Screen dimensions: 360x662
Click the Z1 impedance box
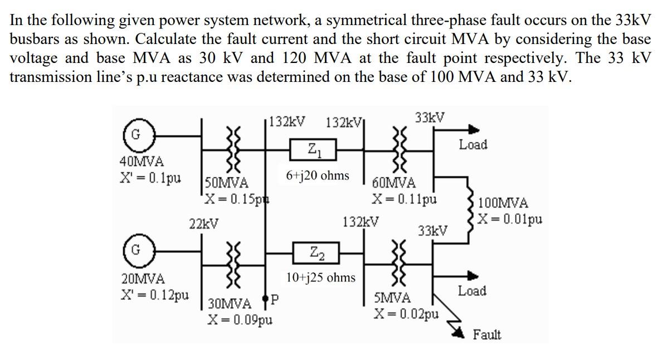tap(314, 149)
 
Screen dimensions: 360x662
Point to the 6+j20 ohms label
tap(318, 176)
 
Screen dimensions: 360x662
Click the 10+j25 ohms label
tap(320, 277)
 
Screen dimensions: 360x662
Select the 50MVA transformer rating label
tap(227, 182)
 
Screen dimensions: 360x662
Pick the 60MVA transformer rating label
tap(394, 183)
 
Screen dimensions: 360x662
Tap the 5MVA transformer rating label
tap(392, 298)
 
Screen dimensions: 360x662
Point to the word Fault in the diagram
tap(486, 335)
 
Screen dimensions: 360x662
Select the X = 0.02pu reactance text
tap(406, 314)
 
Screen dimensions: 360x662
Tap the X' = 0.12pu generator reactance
tap(154, 294)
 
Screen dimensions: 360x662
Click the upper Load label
tap(473, 145)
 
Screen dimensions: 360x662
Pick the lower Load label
tap(471, 291)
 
